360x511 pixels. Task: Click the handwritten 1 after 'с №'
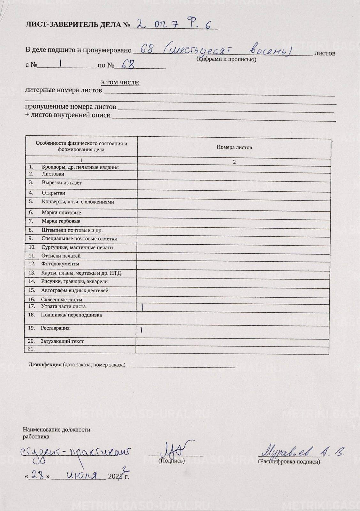pos(60,64)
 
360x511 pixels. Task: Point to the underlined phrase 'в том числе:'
pos(120,82)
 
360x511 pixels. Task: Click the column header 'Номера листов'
pos(234,147)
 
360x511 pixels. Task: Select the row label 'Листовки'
pos(53,174)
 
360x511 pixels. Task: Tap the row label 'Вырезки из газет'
pos(61,183)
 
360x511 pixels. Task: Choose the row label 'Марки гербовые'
pos(61,221)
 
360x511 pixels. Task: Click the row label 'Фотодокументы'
pos(60,264)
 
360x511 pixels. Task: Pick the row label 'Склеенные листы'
pos(61,300)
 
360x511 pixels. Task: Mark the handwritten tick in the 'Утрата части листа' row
pos(142,307)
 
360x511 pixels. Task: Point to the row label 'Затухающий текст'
pos(62,341)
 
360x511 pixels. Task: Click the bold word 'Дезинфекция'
pos(45,364)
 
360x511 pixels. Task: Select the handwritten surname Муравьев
pos(287,451)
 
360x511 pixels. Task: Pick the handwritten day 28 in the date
pos(38,475)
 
